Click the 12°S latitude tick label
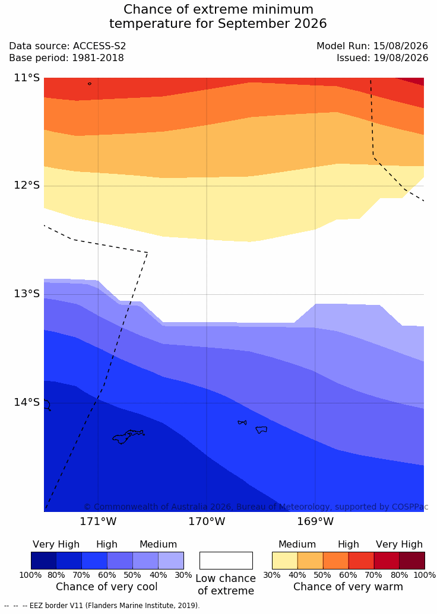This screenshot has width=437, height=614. tap(27, 185)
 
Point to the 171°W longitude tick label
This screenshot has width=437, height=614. tap(98, 521)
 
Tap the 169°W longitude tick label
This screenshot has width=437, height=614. tap(315, 521)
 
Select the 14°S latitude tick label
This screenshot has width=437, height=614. tap(27, 402)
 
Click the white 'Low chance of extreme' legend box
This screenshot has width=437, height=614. tap(226, 561)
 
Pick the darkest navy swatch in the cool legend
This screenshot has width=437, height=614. tap(43, 561)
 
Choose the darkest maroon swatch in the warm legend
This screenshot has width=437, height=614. tap(412, 561)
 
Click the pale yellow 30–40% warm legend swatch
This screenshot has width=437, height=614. tap(285, 561)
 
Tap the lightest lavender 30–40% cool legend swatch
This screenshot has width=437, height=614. tap(171, 561)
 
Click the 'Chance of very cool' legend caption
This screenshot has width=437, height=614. tap(107, 587)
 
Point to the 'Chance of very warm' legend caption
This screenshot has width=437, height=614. tap(348, 587)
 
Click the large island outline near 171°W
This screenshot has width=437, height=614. tap(128, 437)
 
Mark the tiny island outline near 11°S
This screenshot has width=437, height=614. tap(90, 84)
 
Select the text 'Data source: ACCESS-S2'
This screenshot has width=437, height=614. tap(68, 46)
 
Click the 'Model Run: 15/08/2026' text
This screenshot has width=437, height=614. tap(372, 46)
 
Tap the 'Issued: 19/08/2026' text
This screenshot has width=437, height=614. tap(382, 58)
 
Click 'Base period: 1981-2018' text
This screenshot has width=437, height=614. tap(66, 58)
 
